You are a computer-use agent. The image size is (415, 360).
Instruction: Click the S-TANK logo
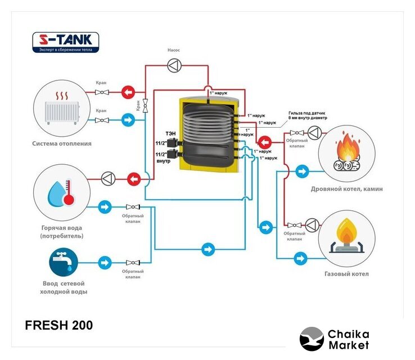[66, 42]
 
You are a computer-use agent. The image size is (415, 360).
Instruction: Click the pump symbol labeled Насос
[174, 66]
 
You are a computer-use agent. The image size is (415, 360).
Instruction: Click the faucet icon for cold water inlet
[62, 262]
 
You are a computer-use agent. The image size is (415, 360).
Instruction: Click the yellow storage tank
[207, 133]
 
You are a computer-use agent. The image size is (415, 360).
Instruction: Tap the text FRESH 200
[59, 325]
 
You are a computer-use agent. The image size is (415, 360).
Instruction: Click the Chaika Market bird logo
[311, 339]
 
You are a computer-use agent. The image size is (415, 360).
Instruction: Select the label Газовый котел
[346, 274]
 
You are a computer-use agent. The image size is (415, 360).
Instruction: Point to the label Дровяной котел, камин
[346, 189]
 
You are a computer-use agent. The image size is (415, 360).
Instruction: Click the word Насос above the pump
[174, 50]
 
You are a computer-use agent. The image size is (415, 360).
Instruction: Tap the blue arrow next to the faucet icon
[105, 262]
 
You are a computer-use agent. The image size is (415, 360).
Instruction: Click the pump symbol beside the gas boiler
[312, 225]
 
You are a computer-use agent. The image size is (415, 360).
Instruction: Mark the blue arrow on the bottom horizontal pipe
[209, 248]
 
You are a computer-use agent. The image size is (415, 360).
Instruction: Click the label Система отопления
[62, 143]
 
